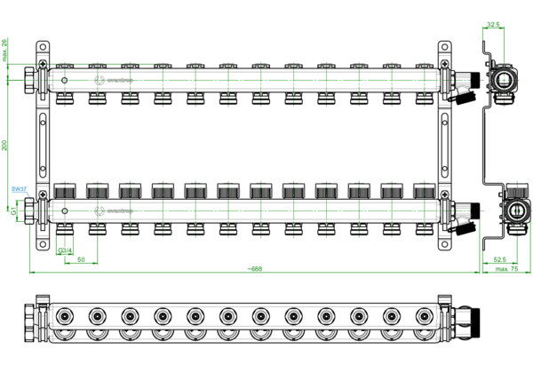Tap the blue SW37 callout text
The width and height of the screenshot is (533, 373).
[x=18, y=189]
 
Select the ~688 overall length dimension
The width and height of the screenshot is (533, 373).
[x=259, y=267]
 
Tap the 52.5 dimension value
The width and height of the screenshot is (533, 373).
[x=502, y=258]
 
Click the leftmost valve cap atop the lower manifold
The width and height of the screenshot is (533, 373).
[x=64, y=191]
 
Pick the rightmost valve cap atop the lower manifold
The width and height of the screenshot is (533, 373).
[x=422, y=191]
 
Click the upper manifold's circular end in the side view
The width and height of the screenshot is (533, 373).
[x=503, y=79]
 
